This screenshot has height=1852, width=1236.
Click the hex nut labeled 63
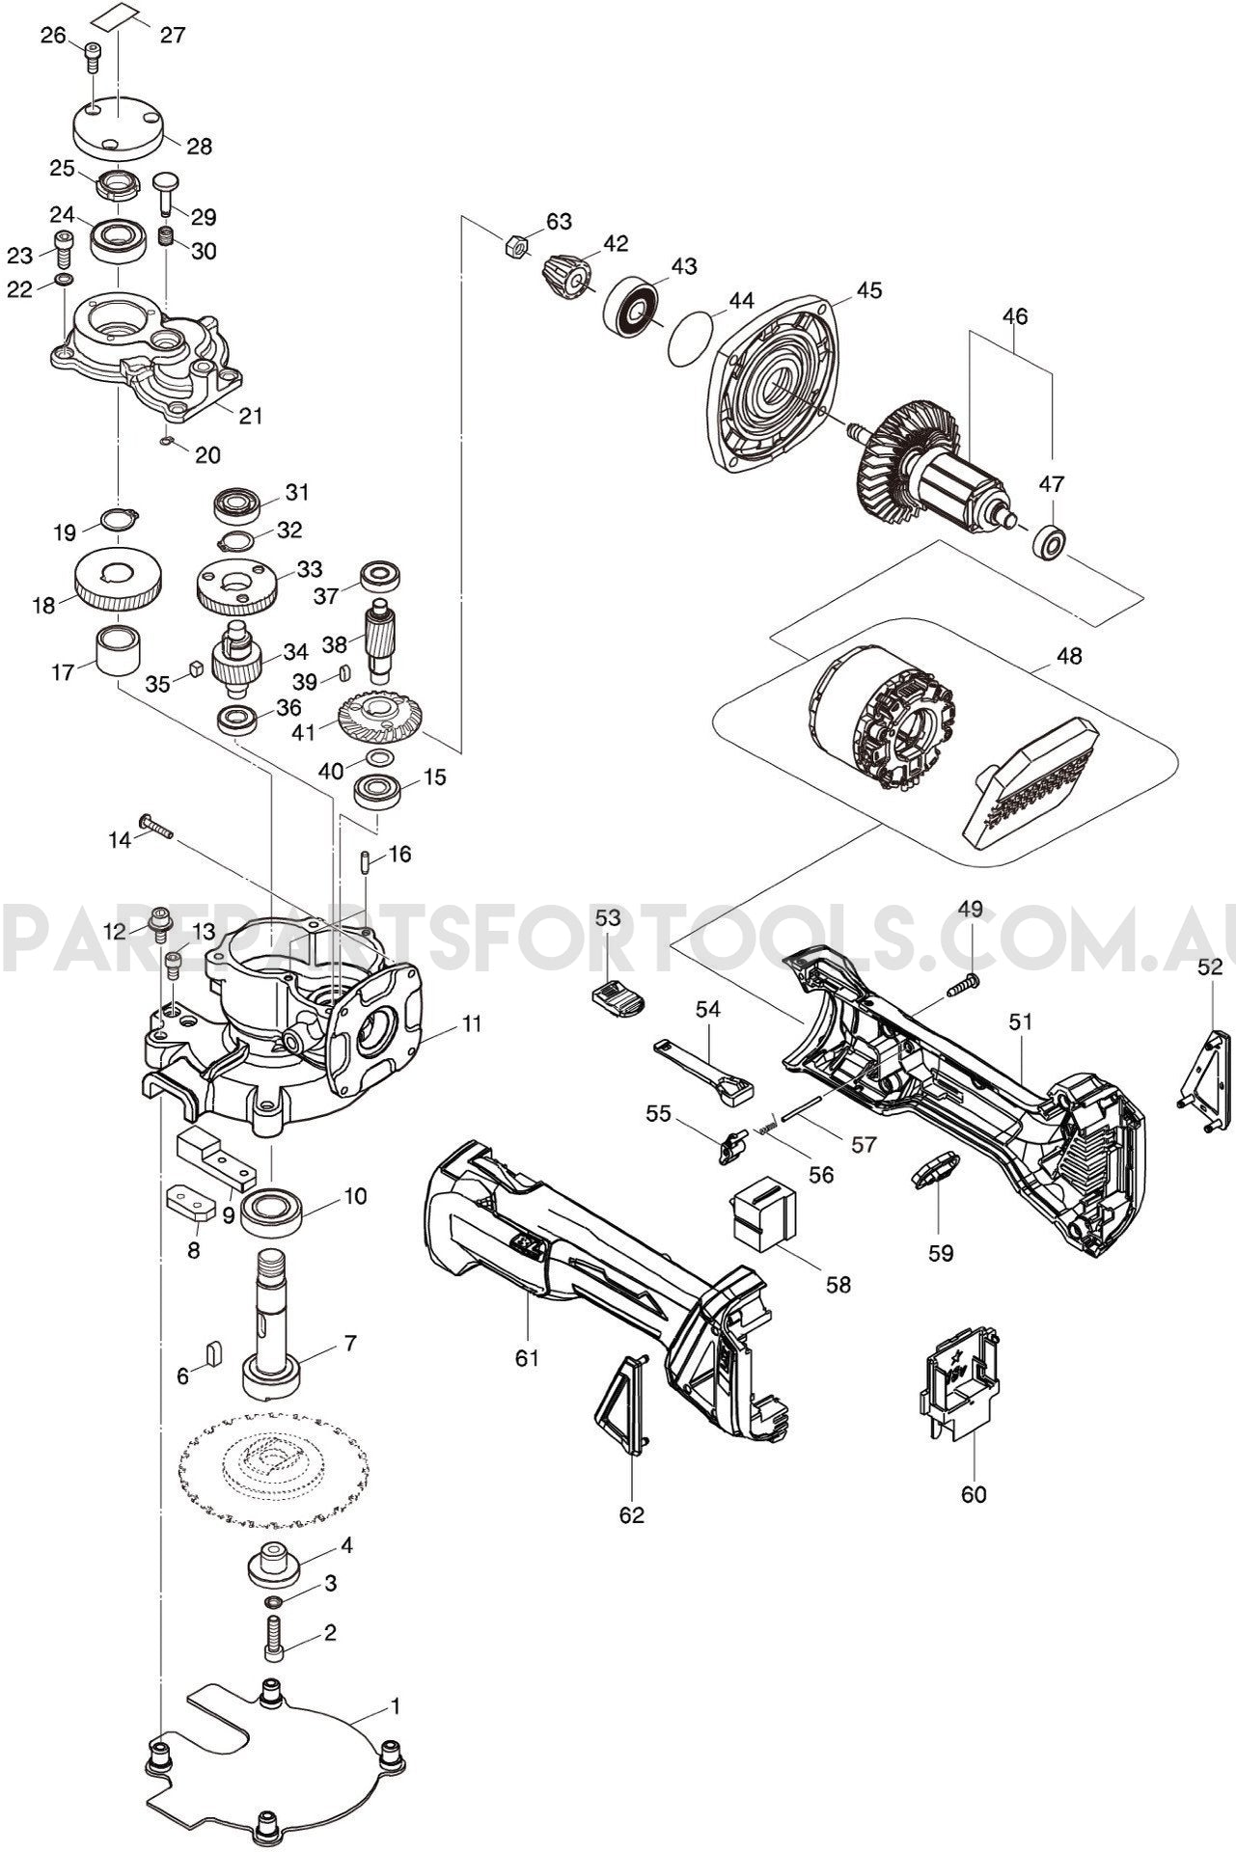[x=515, y=246]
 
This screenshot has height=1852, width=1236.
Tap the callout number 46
[x=1015, y=316]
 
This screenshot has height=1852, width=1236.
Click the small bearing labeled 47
[x=1049, y=541]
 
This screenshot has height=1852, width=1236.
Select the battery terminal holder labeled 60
[x=956, y=1386]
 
